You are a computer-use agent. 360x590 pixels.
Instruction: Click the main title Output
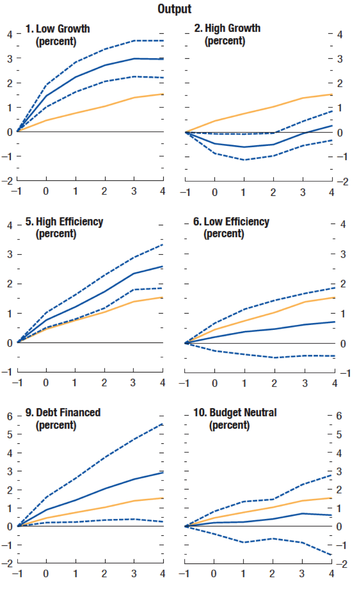click(174, 9)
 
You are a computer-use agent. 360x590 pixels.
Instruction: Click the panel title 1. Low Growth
click(58, 29)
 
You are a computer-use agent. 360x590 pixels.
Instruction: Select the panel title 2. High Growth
click(227, 28)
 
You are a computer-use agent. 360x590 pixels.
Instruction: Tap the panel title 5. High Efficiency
click(64, 222)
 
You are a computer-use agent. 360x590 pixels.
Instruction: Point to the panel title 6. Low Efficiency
click(231, 222)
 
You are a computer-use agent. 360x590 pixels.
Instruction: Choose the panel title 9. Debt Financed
click(63, 413)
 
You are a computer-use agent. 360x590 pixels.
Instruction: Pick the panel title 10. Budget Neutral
click(235, 413)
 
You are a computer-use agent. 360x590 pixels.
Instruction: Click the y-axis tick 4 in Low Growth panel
click(10, 34)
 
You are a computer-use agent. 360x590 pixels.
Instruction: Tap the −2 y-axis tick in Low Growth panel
click(8, 181)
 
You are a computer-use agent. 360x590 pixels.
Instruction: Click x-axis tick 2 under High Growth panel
click(273, 192)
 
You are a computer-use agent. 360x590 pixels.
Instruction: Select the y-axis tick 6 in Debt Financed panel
click(10, 416)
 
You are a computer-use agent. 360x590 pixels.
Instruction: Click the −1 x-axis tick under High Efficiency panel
click(17, 383)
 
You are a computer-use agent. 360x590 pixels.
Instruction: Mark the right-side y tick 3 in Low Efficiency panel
click(343, 254)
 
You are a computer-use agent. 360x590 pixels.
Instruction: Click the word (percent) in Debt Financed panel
click(56, 425)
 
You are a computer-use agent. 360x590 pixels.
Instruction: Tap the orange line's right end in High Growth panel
click(332, 94)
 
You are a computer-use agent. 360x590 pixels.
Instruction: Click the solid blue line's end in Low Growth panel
click(163, 59)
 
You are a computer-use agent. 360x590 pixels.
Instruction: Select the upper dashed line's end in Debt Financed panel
click(163, 423)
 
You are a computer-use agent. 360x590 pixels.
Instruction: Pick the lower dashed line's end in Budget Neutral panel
click(332, 555)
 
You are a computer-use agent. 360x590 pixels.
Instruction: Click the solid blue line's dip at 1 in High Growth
click(244, 147)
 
